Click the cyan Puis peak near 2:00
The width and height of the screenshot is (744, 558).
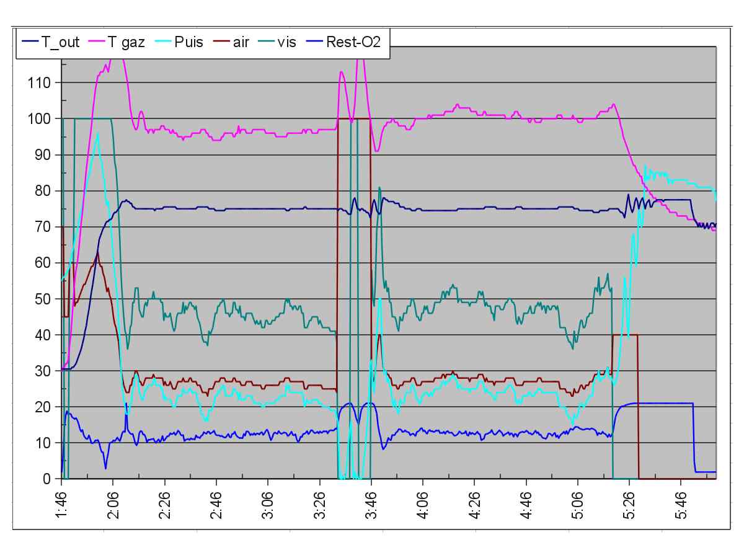point(98,133)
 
